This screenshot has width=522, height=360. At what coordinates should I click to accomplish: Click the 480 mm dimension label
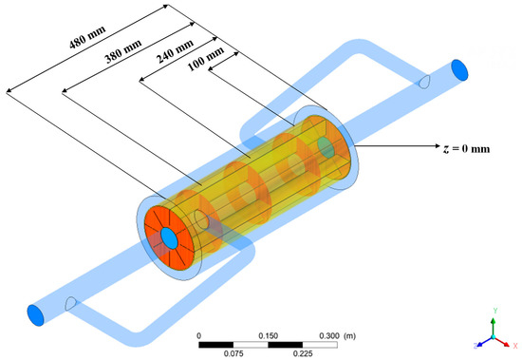click(87, 37)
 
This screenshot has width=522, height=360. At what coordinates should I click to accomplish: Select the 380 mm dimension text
click(123, 51)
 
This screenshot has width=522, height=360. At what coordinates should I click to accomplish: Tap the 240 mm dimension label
click(175, 51)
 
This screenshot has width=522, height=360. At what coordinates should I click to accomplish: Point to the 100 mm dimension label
click(206, 59)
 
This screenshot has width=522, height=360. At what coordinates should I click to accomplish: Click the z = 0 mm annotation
click(466, 148)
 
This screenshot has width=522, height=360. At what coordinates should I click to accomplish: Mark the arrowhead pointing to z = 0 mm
click(438, 145)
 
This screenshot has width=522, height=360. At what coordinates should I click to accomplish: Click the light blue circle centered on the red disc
click(169, 238)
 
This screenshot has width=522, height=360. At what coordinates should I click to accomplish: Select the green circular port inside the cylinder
click(326, 147)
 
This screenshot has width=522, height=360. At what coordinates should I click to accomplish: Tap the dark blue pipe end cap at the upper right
click(459, 70)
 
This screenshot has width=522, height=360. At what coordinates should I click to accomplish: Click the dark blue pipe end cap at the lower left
click(35, 315)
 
